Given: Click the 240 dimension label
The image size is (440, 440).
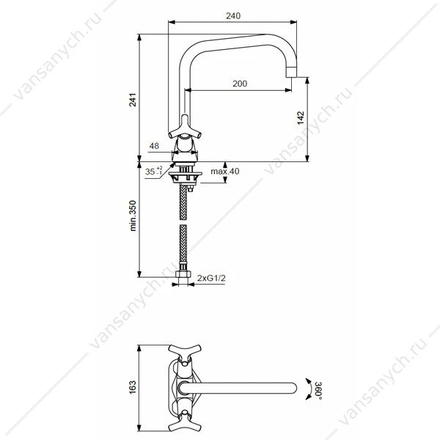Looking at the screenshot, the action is point(233,15).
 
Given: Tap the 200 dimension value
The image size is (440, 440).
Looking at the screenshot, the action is point(240,84).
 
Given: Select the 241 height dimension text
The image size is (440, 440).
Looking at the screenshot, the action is point(133,100).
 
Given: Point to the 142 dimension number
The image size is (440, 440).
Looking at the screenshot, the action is point(301,118).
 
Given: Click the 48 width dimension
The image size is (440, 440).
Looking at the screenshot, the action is point(154,146).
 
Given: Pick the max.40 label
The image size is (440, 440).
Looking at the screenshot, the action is point(225,171).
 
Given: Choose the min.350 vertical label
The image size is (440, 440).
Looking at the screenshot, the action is point(133,216).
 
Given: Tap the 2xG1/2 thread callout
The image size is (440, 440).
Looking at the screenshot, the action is point(211,278).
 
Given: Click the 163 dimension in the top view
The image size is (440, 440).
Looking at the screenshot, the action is point(133,387).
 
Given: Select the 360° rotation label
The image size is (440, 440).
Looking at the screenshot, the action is point(318,389).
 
